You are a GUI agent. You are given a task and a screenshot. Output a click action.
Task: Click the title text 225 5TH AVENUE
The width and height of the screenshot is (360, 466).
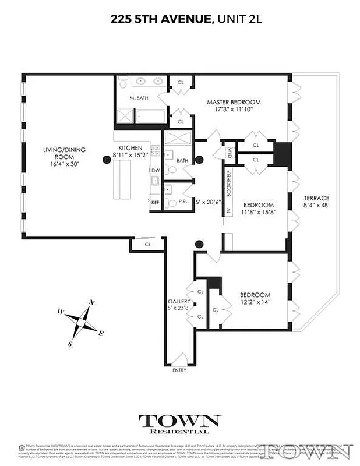coord(160,19)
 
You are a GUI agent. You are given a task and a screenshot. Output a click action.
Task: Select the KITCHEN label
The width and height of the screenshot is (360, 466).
coord(130,148)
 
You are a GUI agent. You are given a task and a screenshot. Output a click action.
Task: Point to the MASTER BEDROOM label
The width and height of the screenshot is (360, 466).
coord(234,102)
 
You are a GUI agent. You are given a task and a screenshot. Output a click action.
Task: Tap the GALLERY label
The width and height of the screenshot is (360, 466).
coord(179,301)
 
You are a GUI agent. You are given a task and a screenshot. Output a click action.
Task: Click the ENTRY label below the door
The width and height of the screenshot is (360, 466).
coord(180,370)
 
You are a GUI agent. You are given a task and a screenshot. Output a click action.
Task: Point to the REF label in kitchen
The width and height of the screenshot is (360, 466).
coord(155,202)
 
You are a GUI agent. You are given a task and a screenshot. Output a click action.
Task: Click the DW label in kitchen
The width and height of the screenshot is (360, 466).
coord(156,170)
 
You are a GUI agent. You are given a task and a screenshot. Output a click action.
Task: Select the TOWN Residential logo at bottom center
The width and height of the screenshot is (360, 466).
coord(179,423)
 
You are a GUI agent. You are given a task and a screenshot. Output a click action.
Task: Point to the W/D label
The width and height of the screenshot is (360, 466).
coord(229,153)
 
